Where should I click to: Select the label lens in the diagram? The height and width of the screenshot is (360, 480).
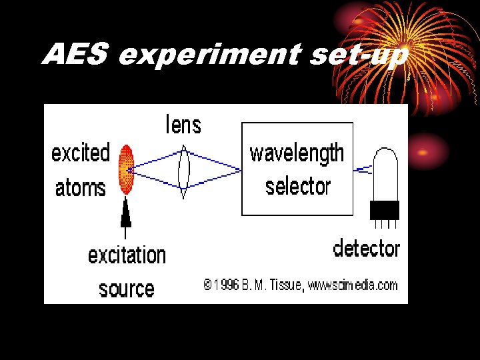click(x=183, y=125)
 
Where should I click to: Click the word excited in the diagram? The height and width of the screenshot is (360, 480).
click(x=81, y=153)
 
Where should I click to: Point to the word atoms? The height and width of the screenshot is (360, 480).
click(x=80, y=187)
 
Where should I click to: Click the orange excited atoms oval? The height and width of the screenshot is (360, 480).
click(x=126, y=169)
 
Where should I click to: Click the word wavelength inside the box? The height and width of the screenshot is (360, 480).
click(x=297, y=153)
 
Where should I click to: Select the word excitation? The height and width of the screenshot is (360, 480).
click(x=127, y=255)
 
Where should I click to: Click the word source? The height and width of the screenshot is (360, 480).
click(x=126, y=289)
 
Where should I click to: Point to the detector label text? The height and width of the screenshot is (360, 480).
click(x=366, y=249)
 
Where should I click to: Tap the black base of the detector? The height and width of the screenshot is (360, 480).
click(x=385, y=210)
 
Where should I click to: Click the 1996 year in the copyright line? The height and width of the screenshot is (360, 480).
click(x=227, y=285)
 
